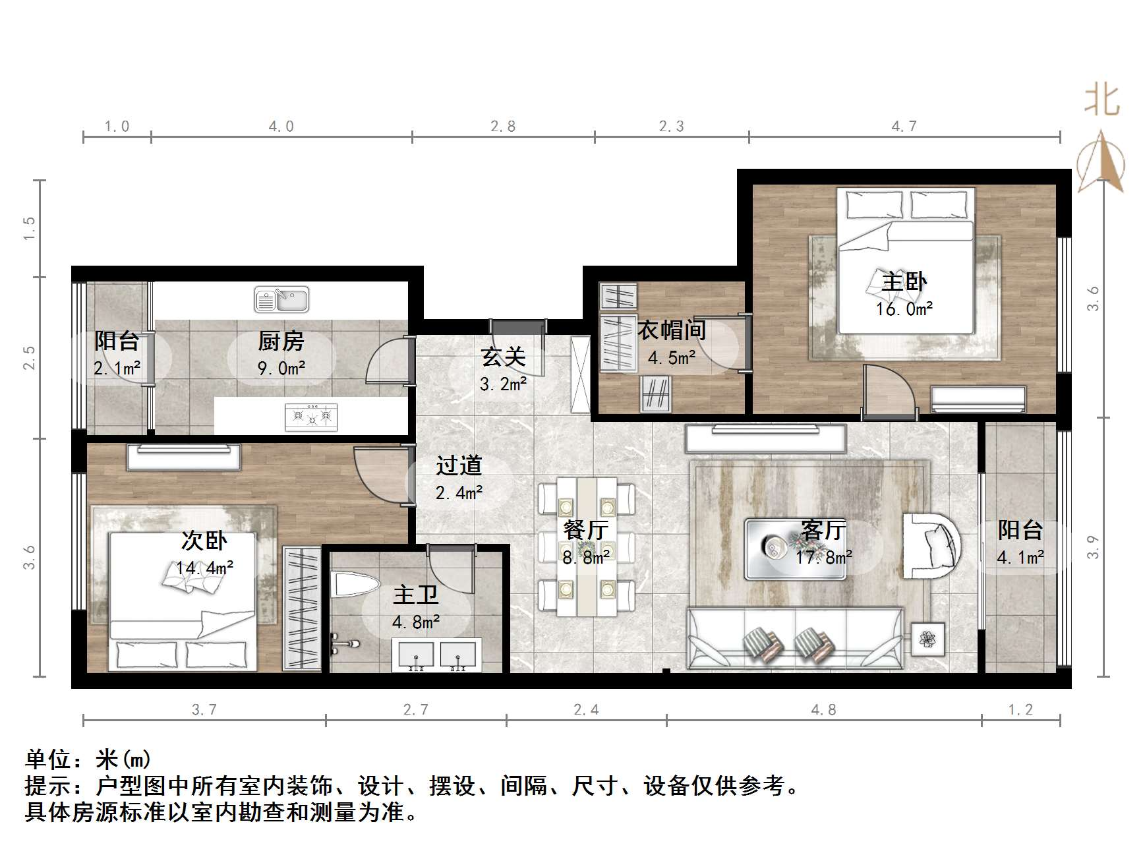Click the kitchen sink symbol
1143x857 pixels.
point(281,300)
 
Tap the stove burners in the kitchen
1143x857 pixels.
point(310,417)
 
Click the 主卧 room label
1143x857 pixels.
point(904,281)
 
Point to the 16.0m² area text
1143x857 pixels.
point(904,309)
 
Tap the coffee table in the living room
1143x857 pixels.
point(796,549)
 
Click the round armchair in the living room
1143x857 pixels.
point(931,546)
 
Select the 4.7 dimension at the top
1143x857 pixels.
point(904,126)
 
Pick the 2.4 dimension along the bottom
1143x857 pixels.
point(586,709)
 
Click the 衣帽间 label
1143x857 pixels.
point(671,330)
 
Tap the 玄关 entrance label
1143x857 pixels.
point(503,357)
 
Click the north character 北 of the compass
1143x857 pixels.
point(1101,99)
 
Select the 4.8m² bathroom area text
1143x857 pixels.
point(415,622)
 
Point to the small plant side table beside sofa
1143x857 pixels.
point(927,639)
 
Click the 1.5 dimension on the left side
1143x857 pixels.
point(29,228)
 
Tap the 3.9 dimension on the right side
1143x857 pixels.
point(1093,547)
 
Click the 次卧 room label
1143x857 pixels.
point(204,541)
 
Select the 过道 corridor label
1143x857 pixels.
point(459,465)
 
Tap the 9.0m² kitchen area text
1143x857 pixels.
point(281,368)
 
